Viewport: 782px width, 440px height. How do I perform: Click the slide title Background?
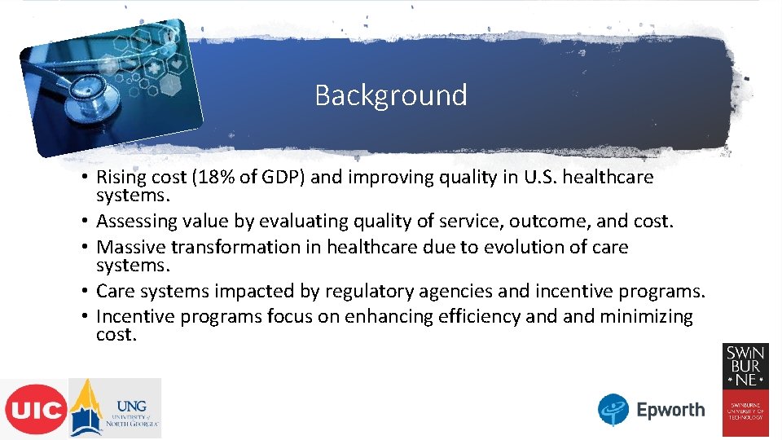[391, 95]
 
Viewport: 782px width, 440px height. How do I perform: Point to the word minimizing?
[647, 316]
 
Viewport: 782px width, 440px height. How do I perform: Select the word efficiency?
[479, 316]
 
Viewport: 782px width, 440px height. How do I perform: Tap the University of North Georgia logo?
[115, 408]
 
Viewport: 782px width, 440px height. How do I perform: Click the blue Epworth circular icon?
[613, 410]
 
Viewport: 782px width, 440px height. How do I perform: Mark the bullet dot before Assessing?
[86, 222]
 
